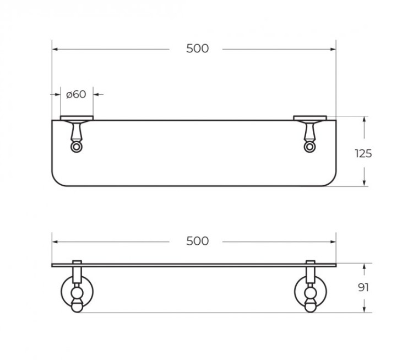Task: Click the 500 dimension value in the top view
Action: point(197,49)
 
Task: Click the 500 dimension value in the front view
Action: point(197,241)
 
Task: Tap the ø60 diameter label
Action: point(76,94)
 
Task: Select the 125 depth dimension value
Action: point(363,153)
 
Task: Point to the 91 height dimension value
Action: point(363,287)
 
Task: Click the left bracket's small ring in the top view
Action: point(76,147)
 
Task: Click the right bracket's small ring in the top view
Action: point(311,147)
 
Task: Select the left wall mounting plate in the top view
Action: point(76,118)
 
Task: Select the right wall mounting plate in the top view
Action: point(311,118)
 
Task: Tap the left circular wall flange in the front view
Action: point(76,292)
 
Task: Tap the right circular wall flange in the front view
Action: point(311,292)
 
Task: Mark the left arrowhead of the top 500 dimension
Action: point(55,49)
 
